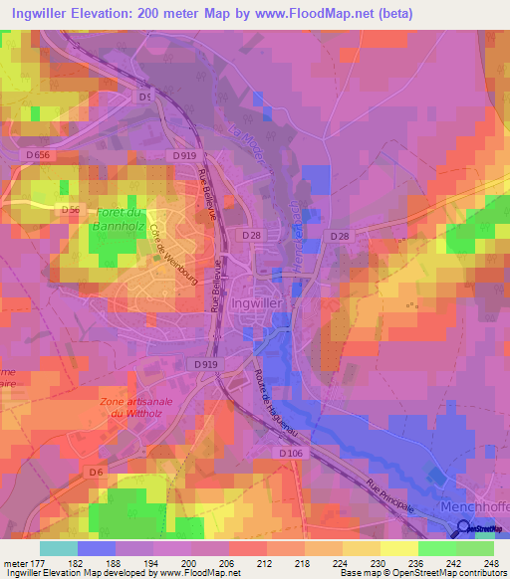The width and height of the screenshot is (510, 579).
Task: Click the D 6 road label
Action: (95, 472)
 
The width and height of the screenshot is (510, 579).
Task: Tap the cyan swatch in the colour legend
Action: (58, 548)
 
